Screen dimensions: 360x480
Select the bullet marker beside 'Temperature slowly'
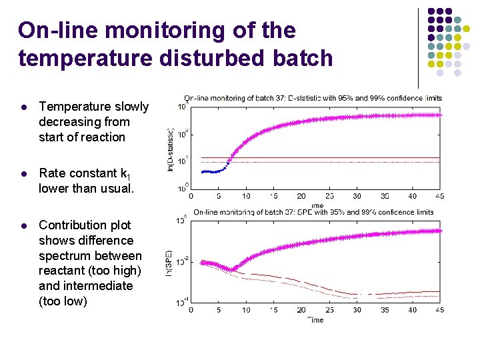point(23,107)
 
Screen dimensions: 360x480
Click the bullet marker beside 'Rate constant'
point(23,174)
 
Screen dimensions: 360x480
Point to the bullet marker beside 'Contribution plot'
point(23,225)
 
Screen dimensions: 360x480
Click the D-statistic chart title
point(313,98)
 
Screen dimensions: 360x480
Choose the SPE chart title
point(313,212)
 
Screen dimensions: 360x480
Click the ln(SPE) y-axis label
point(171,262)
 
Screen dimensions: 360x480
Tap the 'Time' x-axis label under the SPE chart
point(315,320)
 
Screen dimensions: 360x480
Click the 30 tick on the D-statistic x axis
point(357,196)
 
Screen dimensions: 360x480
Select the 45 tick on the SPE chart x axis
point(439,310)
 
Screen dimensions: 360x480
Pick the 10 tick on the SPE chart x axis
point(246,310)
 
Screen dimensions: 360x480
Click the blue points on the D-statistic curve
point(212,171)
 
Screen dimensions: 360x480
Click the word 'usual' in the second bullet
point(117,189)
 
